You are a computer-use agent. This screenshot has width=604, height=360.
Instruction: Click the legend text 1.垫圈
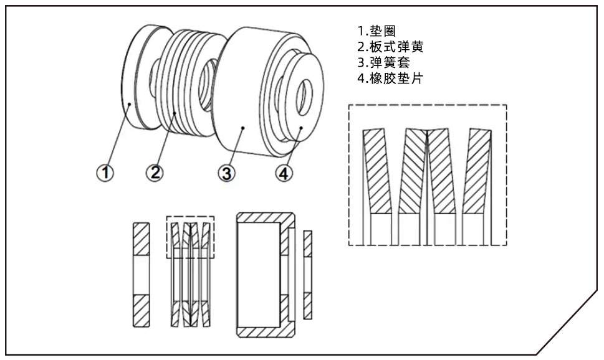pos(374,31)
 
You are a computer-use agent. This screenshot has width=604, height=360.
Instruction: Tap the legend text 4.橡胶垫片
pos(388,79)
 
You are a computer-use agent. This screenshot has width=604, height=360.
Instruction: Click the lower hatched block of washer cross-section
pos(141,310)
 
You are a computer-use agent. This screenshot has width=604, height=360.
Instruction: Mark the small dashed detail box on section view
pos(190,237)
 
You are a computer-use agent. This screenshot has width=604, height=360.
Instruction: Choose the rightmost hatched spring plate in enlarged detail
pos(478,168)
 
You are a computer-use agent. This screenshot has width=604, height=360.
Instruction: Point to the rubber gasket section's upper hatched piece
pos(307,244)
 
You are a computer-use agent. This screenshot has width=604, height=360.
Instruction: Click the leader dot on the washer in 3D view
pos(129,103)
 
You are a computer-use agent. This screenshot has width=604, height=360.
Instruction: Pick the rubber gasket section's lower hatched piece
pos(307,305)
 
